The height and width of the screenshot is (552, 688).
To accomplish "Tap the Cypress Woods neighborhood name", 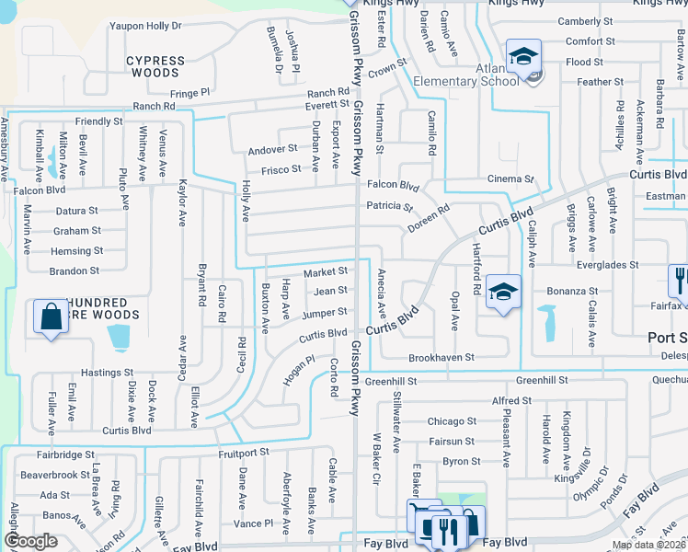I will [x=155, y=67].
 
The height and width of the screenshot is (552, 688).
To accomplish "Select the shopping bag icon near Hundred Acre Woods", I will [x=51, y=316].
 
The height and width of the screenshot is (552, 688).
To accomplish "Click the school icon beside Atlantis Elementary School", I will [x=522, y=57].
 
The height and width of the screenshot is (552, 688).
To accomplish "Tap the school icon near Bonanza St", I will [x=503, y=292].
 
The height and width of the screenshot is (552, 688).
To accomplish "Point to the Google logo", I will [x=31, y=541].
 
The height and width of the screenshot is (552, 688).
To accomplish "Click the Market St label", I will [x=326, y=271].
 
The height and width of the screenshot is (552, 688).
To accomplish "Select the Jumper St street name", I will [x=325, y=313].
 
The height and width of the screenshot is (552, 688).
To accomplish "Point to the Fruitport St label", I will [x=244, y=453].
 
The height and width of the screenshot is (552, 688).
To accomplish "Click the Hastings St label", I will [x=108, y=373].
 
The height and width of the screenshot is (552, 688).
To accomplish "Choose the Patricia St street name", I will [x=390, y=207].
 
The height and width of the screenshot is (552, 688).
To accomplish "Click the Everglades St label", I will [x=608, y=265].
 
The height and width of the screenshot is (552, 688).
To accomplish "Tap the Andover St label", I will [x=272, y=148].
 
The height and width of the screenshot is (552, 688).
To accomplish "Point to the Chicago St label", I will [x=451, y=421].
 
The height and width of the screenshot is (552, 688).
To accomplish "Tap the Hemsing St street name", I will [x=76, y=251].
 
